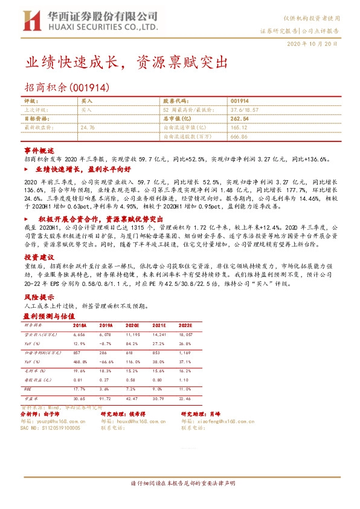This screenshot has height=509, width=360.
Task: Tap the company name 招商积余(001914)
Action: pos(66,87)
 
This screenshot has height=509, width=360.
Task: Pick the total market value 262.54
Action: pos(240,119)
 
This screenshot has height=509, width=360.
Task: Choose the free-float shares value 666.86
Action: pos(240,136)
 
